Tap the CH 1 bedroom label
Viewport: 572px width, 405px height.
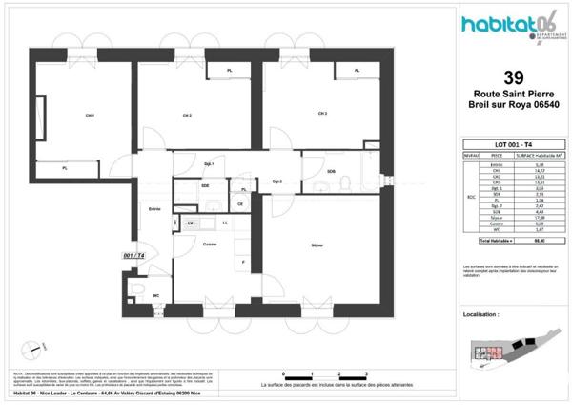point(90,116)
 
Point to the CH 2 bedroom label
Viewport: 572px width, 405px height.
point(188,116)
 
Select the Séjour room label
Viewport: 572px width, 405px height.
point(317,245)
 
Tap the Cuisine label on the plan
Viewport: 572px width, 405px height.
point(211,245)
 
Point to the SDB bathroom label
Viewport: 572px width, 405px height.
point(331,171)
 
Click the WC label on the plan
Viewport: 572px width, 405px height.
point(155,295)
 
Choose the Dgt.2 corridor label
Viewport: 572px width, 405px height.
point(278,181)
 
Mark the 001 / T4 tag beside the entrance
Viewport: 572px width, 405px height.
point(134,256)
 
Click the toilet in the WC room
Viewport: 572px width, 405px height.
point(139,292)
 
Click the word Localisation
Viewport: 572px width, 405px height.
point(480,314)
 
